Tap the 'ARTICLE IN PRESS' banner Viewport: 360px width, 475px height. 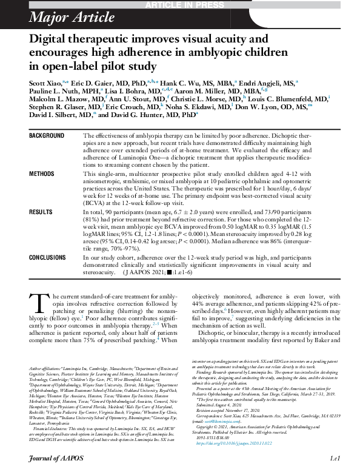tap(180, 5)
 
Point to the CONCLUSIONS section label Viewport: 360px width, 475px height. tap(48, 258)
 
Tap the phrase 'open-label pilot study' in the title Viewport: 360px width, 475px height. tap(93, 66)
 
